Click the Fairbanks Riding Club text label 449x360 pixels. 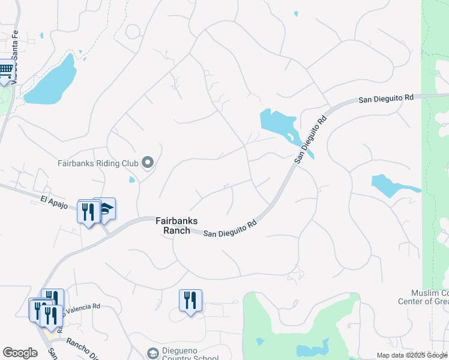click(97, 163)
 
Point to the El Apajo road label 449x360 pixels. click(52, 199)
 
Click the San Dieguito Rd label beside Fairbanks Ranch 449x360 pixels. click(230, 228)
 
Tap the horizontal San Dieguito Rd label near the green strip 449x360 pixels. click(386, 98)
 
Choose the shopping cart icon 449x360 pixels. click(6, 71)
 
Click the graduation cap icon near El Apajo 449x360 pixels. click(105, 208)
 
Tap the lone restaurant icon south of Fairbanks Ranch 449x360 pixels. click(190, 300)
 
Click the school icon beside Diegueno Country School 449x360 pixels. click(152, 353)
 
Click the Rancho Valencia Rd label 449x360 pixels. click(81, 308)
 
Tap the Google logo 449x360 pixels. click(20, 353)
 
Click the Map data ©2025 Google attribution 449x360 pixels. click(411, 355)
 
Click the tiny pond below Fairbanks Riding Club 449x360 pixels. click(132, 179)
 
